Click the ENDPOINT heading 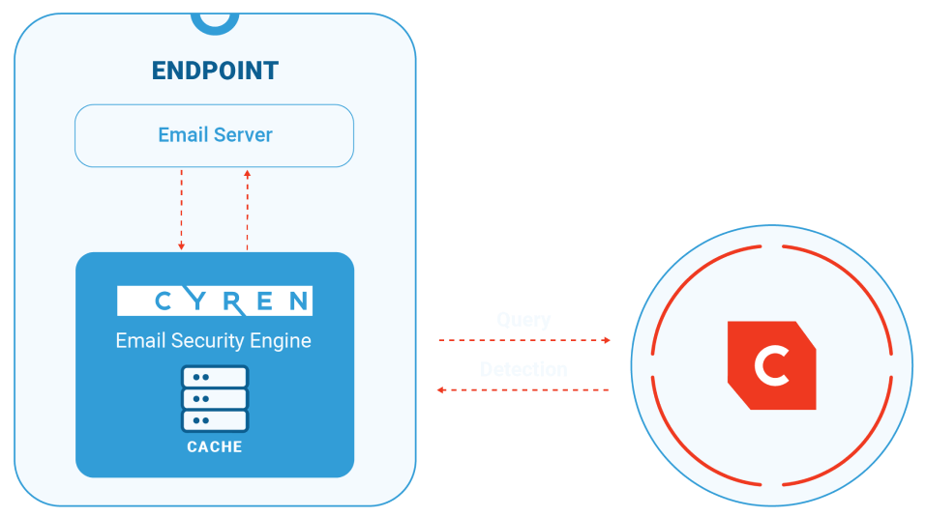coord(215,71)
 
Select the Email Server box coord(214,135)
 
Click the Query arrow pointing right coord(523,340)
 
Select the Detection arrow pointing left coord(523,389)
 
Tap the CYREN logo coord(214,301)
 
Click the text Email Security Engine coord(214,340)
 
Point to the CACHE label coord(214,446)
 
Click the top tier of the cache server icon coord(214,376)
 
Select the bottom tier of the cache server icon coord(214,420)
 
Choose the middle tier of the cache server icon coord(214,398)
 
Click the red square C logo coord(771,365)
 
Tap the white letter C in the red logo coord(771,366)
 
